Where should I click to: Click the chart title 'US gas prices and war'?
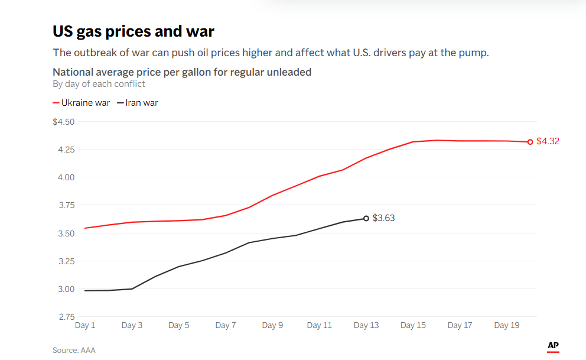pyautogui.click(x=133, y=31)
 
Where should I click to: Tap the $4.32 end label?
pyautogui.click(x=548, y=141)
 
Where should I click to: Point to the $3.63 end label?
pyautogui.click(x=383, y=218)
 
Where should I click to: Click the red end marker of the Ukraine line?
pyautogui.click(x=530, y=142)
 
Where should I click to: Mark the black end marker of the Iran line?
pyautogui.click(x=366, y=218)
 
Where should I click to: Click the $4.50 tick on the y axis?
pyautogui.click(x=64, y=122)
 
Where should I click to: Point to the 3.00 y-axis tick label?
pyautogui.click(x=66, y=289)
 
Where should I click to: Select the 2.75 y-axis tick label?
pyautogui.click(x=66, y=317)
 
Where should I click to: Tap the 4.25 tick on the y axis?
pyautogui.click(x=66, y=150)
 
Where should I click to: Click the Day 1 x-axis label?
pyautogui.click(x=85, y=326)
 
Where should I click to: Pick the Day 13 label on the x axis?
pyautogui.click(x=366, y=326)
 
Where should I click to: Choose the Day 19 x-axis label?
pyautogui.click(x=506, y=326)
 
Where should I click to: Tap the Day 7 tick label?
pyautogui.click(x=226, y=326)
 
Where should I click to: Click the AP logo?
pyautogui.click(x=553, y=346)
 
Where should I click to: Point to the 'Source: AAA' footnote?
pyautogui.click(x=74, y=350)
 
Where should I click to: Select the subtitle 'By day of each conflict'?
pyautogui.click(x=99, y=84)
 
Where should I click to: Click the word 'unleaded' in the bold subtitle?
pyautogui.click(x=289, y=72)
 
